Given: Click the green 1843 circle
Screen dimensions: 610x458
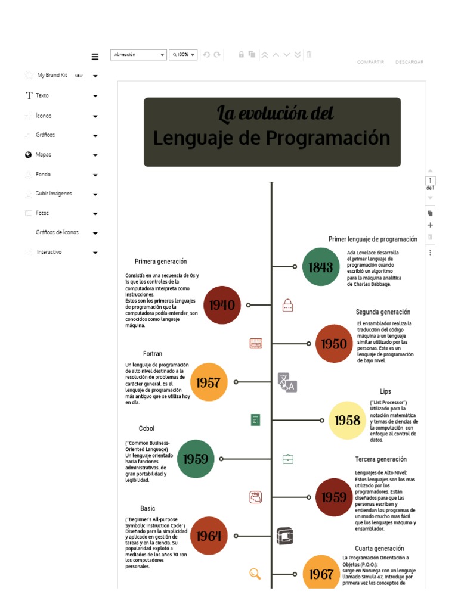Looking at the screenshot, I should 321,267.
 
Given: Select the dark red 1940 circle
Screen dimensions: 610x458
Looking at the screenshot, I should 222,305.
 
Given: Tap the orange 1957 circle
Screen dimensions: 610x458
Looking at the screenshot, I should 209,382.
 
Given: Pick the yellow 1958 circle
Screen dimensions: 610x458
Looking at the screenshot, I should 348,420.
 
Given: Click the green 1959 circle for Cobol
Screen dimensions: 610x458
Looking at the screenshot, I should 196,459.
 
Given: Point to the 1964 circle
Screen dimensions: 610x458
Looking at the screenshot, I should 209,536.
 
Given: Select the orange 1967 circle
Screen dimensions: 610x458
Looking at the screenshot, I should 321,573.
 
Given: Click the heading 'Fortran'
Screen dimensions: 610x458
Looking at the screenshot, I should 153,354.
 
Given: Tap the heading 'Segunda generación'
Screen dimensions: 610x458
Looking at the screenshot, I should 383,312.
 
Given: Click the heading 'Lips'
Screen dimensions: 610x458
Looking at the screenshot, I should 385,391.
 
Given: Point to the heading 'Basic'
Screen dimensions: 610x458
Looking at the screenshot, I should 148,508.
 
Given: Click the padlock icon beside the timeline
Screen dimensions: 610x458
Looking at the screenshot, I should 287,306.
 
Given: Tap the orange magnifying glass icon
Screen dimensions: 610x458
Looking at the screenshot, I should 255,574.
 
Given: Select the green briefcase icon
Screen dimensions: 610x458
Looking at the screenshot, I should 287,459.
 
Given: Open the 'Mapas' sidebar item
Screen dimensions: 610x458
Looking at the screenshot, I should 44,154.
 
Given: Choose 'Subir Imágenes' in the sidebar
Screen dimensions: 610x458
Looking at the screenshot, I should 54,194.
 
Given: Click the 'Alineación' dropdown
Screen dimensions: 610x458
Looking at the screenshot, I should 138,55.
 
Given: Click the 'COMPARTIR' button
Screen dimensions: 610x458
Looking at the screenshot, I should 370,62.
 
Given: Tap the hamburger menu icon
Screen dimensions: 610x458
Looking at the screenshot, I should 95,57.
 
